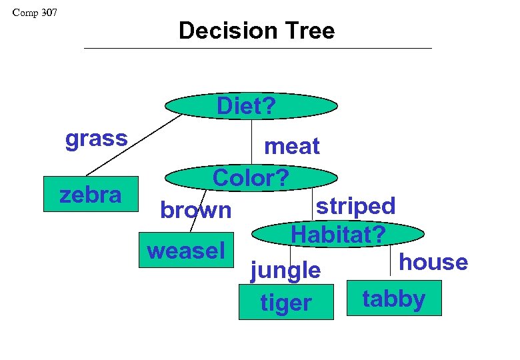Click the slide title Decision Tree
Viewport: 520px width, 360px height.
click(257, 31)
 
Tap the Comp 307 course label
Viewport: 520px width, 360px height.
click(35, 13)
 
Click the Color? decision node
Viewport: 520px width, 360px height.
click(251, 178)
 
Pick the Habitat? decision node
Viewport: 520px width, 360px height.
click(339, 234)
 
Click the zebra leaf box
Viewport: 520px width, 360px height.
click(91, 195)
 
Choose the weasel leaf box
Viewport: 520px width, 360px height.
click(186, 250)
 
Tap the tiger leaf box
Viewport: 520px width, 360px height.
click(286, 303)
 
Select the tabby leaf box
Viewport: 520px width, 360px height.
click(394, 298)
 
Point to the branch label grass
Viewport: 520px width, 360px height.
click(96, 139)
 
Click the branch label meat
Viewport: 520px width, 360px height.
click(292, 146)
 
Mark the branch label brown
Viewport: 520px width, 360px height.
click(195, 210)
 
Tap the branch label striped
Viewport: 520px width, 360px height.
click(355, 205)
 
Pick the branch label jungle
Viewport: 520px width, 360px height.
click(285, 270)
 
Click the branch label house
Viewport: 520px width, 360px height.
click(433, 261)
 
